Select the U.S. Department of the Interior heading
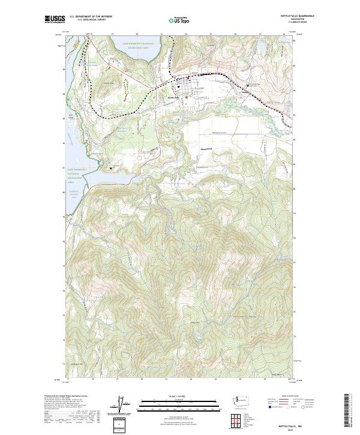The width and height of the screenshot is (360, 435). [91, 17]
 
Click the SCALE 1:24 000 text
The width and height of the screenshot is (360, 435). [173, 396]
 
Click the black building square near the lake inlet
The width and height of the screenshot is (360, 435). [112, 169]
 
